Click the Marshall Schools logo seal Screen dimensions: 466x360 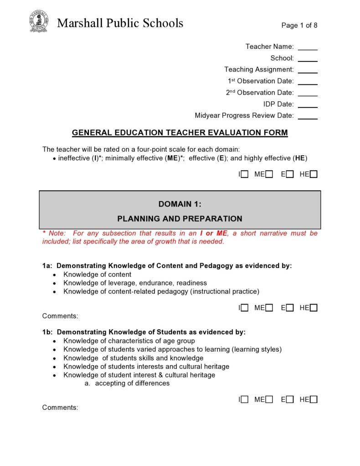(39, 21)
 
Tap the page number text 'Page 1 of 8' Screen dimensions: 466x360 (299, 26)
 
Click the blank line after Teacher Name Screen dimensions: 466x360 (308, 47)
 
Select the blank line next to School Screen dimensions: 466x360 (308, 59)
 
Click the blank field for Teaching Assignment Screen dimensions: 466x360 (308, 70)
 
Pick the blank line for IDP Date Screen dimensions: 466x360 (308, 105)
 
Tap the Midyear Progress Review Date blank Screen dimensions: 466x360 (308, 116)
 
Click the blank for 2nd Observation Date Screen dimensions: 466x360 (308, 93)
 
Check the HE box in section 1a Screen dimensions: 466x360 (314, 308)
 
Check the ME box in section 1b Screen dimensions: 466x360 (269, 400)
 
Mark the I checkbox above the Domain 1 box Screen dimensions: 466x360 (245, 174)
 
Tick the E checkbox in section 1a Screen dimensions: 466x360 (290, 308)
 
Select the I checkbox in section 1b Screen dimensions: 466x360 (245, 400)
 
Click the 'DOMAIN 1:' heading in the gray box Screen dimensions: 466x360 (180, 204)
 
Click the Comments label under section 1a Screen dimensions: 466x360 (60, 316)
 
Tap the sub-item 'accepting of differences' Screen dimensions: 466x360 (132, 383)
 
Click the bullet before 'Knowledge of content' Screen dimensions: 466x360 (55, 275)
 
